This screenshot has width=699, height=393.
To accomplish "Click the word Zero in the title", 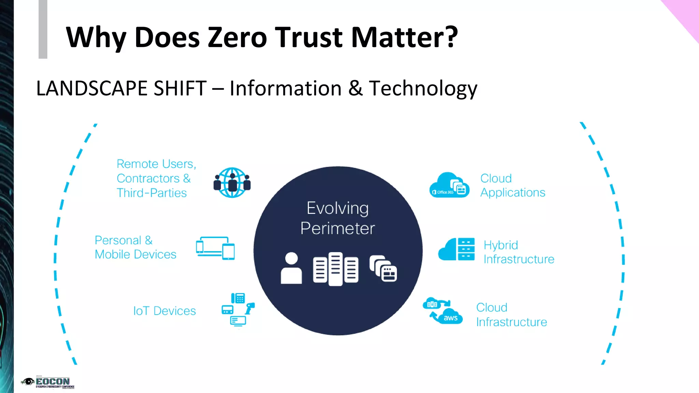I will click(237, 37).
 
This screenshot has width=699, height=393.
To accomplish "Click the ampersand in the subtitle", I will click(355, 88).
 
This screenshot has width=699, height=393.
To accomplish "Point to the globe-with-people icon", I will click(232, 183).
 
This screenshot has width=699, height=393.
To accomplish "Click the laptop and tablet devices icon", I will click(215, 248).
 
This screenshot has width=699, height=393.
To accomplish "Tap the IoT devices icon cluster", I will click(238, 309).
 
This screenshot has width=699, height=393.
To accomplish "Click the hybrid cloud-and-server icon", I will click(456, 249).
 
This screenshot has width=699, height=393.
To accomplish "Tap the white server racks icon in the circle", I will click(336, 269).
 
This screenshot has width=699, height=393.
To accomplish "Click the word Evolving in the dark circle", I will click(338, 208).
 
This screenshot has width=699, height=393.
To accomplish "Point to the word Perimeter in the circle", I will click(338, 228).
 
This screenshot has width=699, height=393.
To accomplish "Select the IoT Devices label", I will click(165, 311).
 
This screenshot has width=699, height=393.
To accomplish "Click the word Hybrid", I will click(501, 245).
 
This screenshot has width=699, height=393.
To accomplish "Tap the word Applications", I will click(513, 193).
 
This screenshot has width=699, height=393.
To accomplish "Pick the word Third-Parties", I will click(152, 193).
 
